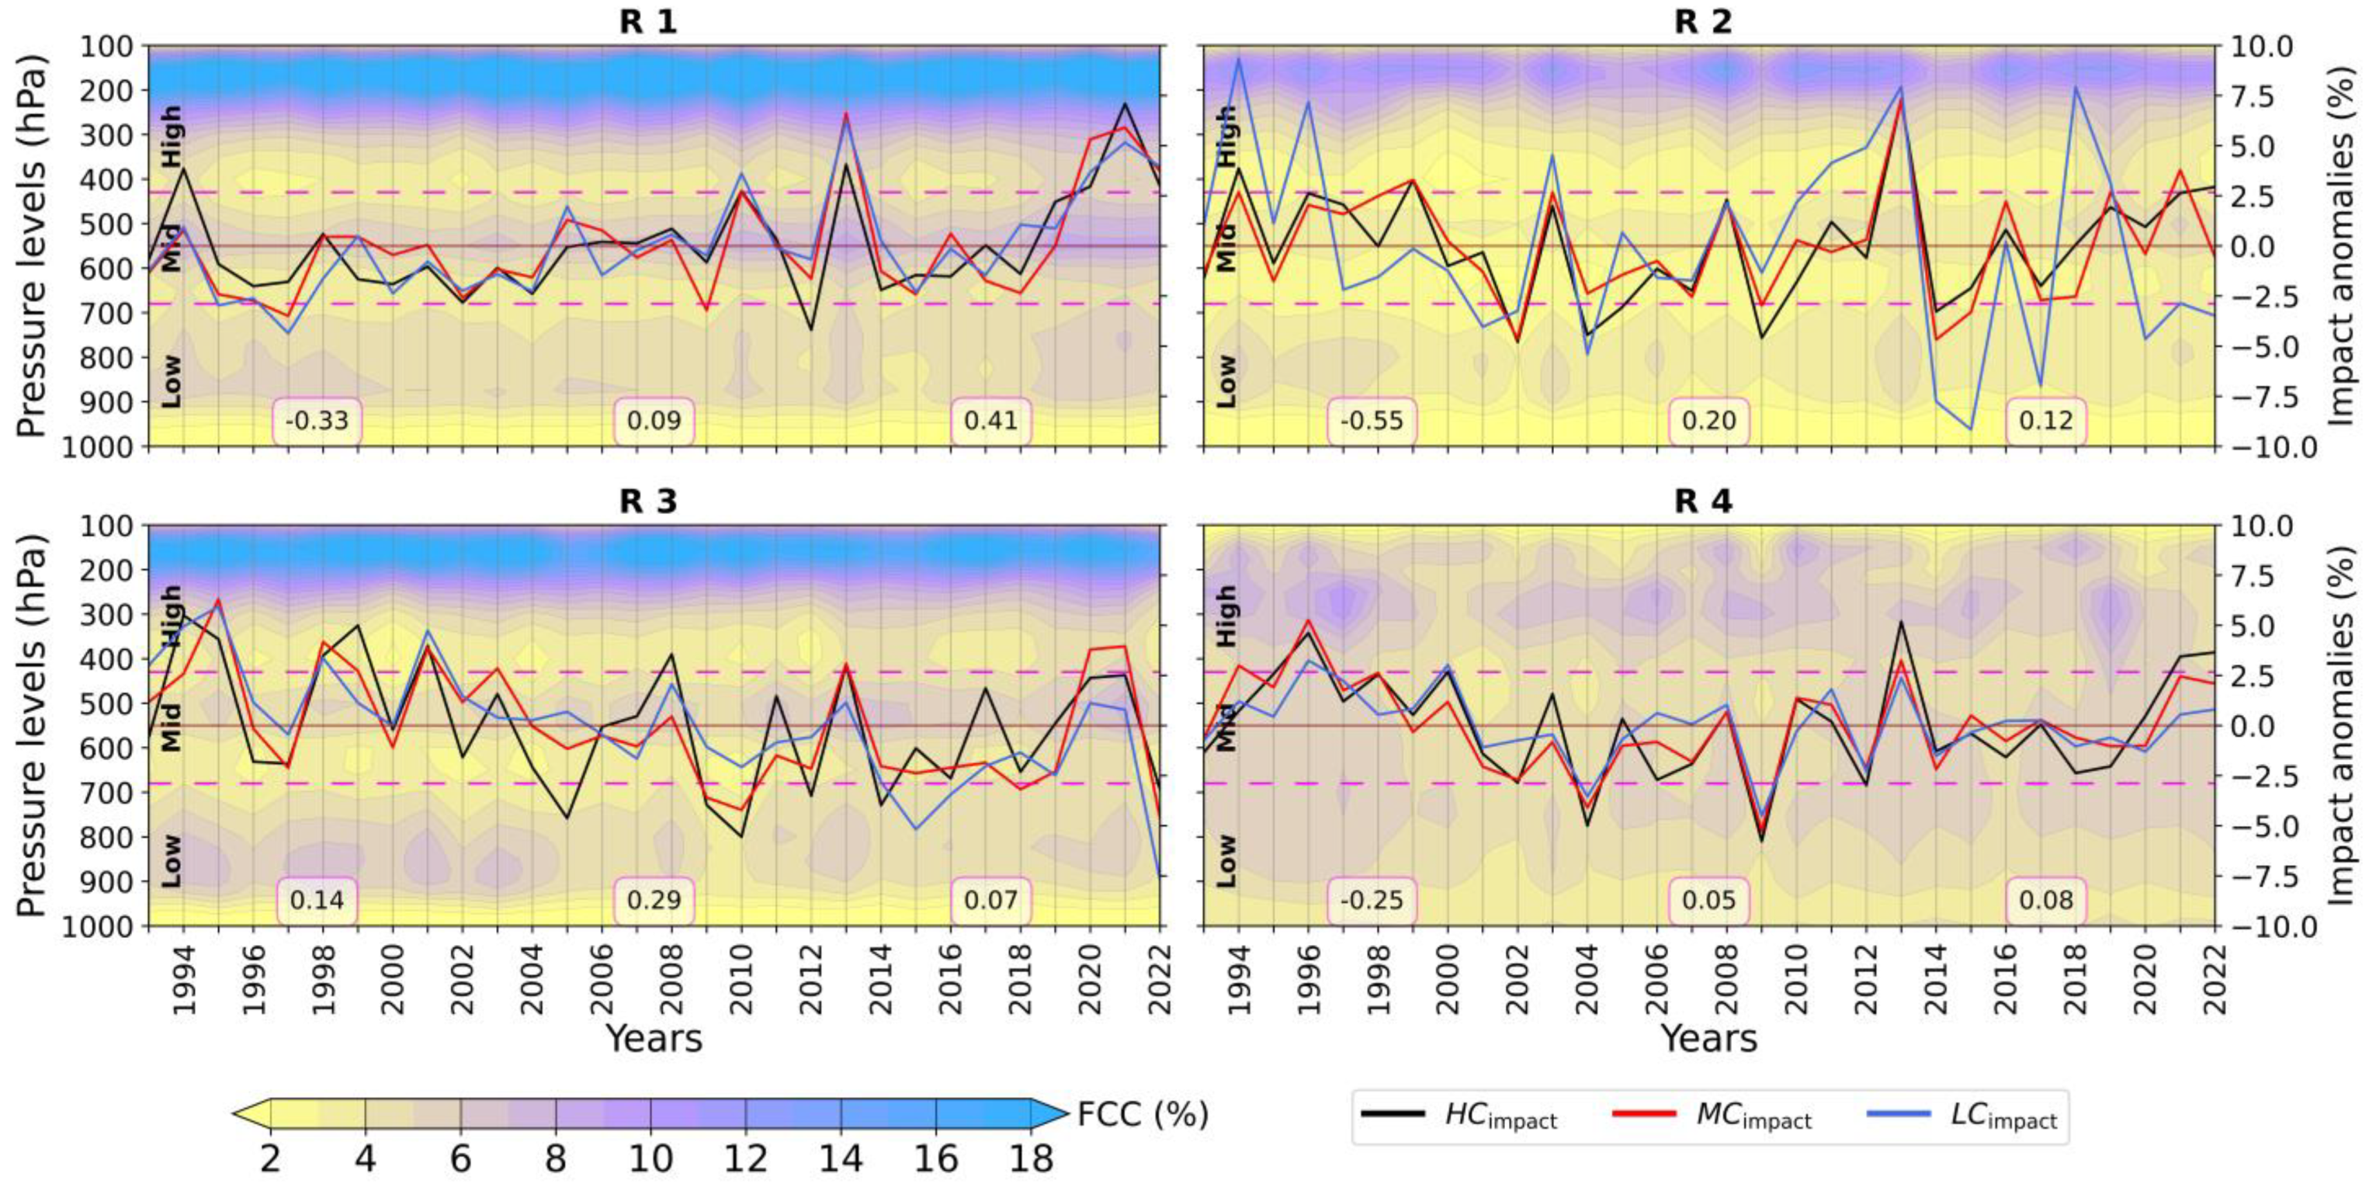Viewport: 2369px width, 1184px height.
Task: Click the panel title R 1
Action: coord(647,21)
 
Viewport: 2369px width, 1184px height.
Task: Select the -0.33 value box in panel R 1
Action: coord(317,422)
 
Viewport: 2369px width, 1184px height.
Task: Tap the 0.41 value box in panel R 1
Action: coord(990,422)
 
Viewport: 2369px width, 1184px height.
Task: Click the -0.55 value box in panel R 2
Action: coord(1372,422)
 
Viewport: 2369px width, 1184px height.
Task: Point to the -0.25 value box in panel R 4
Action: coord(1372,900)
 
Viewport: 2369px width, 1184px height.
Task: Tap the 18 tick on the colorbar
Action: coord(1029,1159)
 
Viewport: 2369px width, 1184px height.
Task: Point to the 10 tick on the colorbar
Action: coord(650,1159)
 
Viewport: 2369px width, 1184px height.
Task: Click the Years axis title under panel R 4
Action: coord(1708,1039)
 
